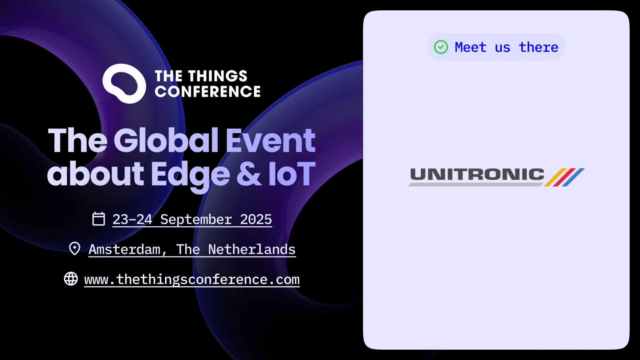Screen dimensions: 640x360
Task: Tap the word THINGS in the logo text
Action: click(217, 76)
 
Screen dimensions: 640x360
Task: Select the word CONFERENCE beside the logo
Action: click(207, 92)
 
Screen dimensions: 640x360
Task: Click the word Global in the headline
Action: click(166, 140)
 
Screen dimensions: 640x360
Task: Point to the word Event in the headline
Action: click(271, 141)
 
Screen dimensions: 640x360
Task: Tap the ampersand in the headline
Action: click(249, 174)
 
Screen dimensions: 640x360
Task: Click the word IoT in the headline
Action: click(292, 174)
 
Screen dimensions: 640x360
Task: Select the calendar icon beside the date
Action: click(98, 219)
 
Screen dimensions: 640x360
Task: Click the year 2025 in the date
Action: click(256, 219)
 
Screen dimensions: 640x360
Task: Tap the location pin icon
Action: click(75, 248)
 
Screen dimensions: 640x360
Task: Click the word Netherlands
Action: click(252, 249)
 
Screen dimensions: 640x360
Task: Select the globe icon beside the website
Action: click(71, 278)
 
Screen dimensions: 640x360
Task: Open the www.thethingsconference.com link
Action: click(192, 279)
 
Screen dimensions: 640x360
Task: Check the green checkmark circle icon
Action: click(441, 47)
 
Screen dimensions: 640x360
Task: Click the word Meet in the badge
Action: click(471, 47)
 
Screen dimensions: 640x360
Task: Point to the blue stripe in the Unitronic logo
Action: click(573, 177)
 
